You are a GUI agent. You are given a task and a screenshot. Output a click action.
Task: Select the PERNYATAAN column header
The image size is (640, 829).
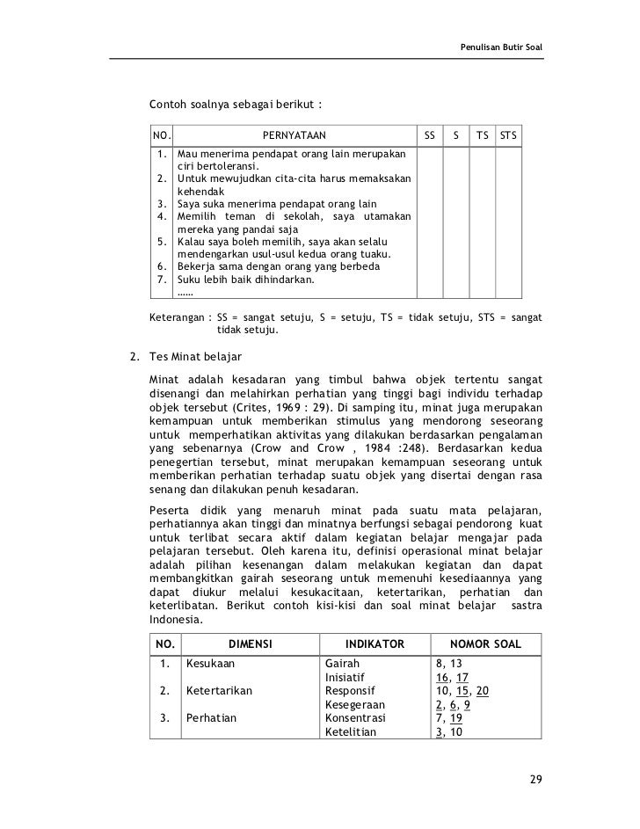[295, 136]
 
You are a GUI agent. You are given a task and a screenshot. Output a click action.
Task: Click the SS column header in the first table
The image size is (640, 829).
[429, 136]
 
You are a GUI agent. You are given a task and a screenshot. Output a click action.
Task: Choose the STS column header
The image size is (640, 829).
[508, 136]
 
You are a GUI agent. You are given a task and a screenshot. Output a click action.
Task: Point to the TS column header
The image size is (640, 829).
[482, 136]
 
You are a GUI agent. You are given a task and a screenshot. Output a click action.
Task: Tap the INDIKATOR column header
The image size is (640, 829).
[375, 644]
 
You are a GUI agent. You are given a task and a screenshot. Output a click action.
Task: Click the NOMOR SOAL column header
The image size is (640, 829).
[485, 644]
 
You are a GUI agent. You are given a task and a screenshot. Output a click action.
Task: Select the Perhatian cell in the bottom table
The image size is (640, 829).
[211, 717]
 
